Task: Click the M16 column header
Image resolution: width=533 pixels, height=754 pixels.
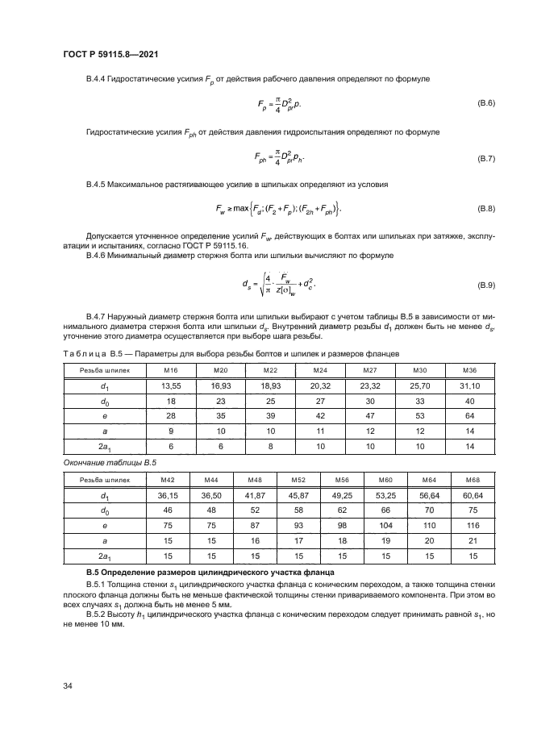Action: click(x=170, y=370)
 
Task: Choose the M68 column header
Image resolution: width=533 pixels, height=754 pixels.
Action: click(x=472, y=479)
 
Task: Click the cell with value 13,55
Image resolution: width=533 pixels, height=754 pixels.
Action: click(x=170, y=385)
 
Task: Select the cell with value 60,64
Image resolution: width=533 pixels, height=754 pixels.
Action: click(x=472, y=495)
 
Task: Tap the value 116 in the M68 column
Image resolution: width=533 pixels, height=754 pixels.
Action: click(x=472, y=526)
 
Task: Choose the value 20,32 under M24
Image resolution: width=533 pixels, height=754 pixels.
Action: click(x=320, y=385)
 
